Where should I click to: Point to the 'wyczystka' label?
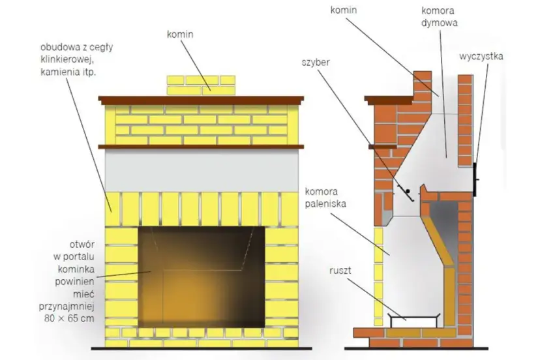(481, 56)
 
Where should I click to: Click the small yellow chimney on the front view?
(200, 85)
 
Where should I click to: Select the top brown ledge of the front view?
(202, 99)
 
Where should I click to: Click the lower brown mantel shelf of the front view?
(202, 145)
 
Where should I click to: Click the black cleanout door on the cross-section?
(476, 179)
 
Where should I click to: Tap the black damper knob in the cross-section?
(407, 192)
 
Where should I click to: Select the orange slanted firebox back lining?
(438, 241)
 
